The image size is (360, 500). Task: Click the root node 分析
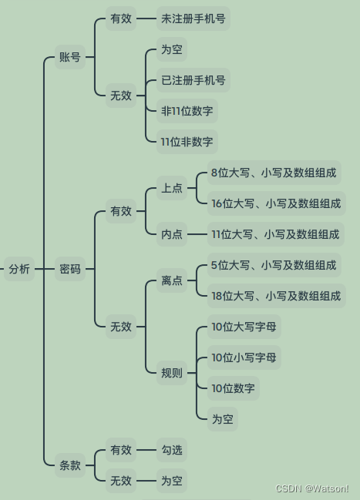(19, 269)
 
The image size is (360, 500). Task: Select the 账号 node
(70, 57)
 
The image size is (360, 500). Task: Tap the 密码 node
(70, 269)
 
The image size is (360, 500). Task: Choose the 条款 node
(70, 465)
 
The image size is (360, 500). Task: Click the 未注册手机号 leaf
(193, 18)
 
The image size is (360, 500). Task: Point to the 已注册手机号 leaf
(193, 80)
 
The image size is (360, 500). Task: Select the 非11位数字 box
(187, 111)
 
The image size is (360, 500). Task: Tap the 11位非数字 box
(187, 142)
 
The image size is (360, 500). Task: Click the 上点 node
(172, 188)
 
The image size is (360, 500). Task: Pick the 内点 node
(172, 234)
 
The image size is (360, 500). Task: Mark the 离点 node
(172, 280)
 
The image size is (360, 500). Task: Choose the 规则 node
(172, 372)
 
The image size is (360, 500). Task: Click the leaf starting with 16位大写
(277, 203)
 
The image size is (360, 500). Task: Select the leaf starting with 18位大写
(277, 296)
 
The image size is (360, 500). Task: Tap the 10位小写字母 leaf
(244, 357)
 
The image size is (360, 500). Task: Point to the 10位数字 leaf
(234, 388)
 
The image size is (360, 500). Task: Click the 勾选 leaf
(172, 450)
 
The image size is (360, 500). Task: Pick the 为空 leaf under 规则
(223, 418)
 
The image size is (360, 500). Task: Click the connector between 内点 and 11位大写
(197, 234)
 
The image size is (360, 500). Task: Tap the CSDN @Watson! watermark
(311, 488)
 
